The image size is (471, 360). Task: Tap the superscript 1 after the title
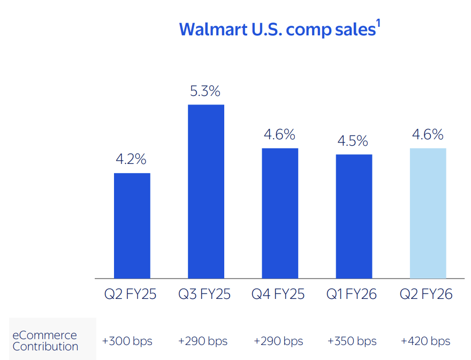click(x=377, y=25)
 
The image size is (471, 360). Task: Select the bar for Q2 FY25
click(x=132, y=226)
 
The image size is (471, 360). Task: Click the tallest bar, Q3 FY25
click(x=206, y=191)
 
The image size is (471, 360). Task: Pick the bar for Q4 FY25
click(x=280, y=213)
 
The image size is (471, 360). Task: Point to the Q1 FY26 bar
click(x=354, y=216)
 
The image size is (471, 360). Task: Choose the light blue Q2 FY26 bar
click(x=428, y=213)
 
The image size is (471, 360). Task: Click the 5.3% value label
click(x=206, y=91)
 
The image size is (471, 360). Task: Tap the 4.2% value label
click(x=131, y=160)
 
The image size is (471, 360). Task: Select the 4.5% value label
click(x=353, y=141)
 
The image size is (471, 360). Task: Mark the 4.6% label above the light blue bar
click(x=428, y=134)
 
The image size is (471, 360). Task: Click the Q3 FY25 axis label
click(x=204, y=294)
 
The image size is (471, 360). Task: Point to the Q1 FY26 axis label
click(x=352, y=294)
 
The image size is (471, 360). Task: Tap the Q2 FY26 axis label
click(x=427, y=294)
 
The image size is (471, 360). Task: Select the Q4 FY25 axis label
click(x=278, y=294)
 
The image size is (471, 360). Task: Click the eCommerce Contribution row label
click(x=45, y=341)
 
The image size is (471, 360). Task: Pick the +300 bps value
click(x=127, y=341)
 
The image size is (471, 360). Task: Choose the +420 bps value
click(x=426, y=341)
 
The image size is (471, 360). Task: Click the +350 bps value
click(x=352, y=341)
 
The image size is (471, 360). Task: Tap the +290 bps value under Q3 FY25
click(x=203, y=341)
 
